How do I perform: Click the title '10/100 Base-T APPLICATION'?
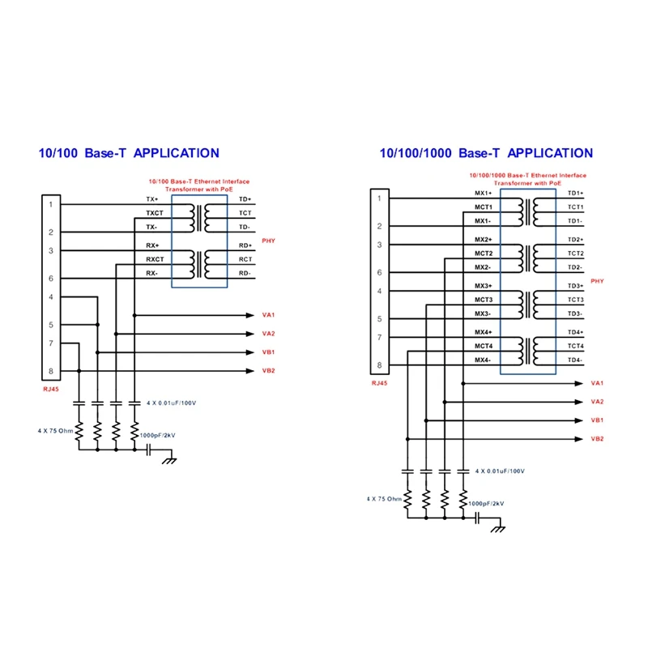[x=129, y=152]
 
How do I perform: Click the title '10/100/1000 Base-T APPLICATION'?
[x=486, y=152]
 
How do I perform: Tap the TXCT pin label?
[x=154, y=213]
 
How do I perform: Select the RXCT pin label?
[x=154, y=259]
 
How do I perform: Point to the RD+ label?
[x=245, y=245]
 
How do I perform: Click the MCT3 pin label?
[x=484, y=300]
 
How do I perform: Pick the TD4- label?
[x=575, y=360]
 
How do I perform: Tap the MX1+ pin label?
[x=484, y=193]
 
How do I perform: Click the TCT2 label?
[x=575, y=254]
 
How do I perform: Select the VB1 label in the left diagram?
[x=268, y=352]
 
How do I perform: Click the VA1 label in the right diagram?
[x=598, y=383]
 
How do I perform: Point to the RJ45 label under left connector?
[x=51, y=389]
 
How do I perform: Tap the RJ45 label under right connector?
[x=379, y=383]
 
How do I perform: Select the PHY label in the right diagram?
[x=598, y=281]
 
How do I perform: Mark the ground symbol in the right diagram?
[x=498, y=528]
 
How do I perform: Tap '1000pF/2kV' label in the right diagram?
[x=486, y=503]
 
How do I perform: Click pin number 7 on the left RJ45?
[x=50, y=343]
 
